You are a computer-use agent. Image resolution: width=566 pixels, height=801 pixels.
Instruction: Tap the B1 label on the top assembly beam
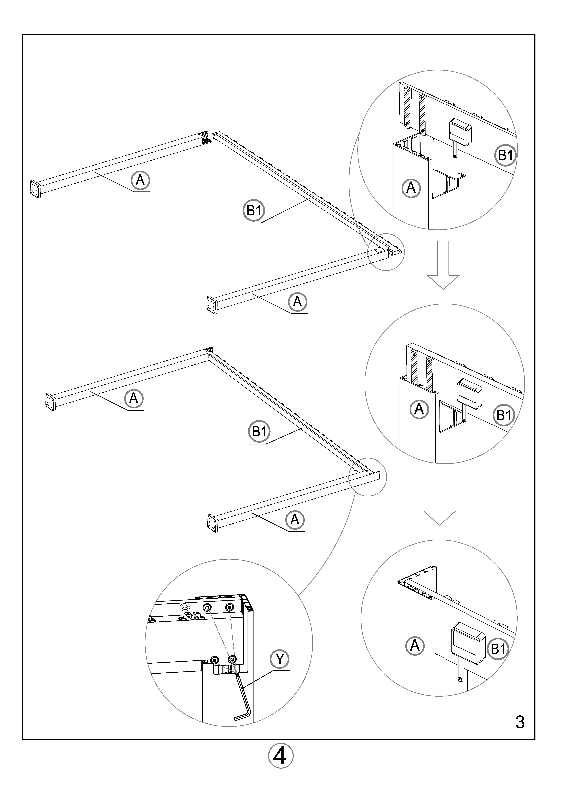[x=254, y=210]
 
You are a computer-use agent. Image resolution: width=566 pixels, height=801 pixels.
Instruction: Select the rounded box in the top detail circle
[x=460, y=132]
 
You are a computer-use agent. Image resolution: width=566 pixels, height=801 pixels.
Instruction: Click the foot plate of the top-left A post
[x=35, y=189]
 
